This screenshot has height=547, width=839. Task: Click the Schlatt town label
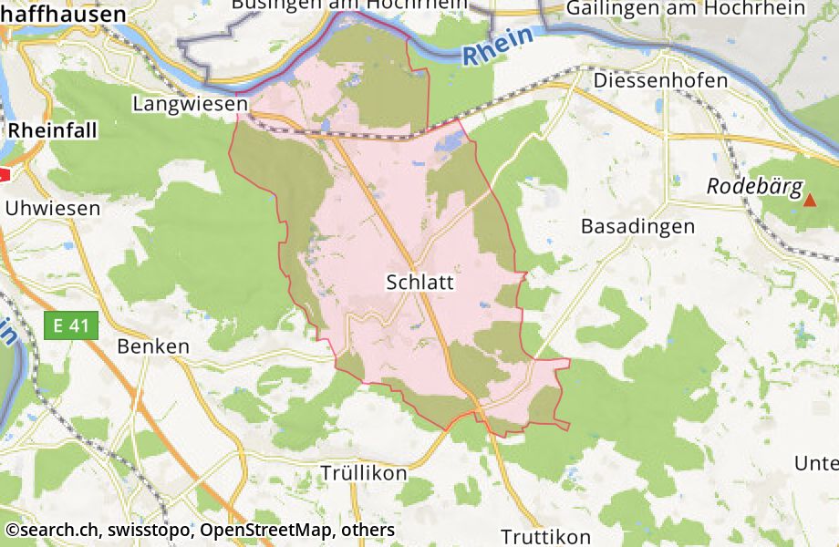(419, 282)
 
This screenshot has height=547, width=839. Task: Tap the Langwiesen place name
(190, 104)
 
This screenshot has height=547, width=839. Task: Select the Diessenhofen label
(660, 80)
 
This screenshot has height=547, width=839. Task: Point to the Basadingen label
(637, 226)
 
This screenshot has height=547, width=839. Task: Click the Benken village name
(153, 346)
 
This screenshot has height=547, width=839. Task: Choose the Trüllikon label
(364, 474)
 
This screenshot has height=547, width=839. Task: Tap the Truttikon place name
(545, 537)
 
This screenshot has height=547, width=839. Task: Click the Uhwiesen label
(53, 209)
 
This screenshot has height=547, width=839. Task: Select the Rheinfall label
(53, 131)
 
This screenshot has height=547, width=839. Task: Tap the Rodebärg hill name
(754, 188)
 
